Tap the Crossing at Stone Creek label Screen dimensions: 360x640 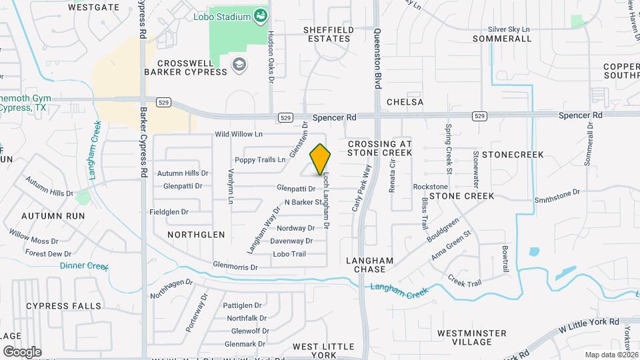[380, 148]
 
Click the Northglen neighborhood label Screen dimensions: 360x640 [196, 235]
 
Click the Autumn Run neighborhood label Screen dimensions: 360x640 [53, 216]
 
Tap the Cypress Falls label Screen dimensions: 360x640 [64, 306]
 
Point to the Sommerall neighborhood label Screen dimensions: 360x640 [501, 39]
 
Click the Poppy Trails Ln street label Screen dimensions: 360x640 [259, 160]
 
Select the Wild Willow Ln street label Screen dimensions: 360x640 [239, 134]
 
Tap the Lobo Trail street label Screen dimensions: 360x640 [289, 254]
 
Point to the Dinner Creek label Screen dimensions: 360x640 [84, 265]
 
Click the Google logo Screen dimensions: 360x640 [22, 351]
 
